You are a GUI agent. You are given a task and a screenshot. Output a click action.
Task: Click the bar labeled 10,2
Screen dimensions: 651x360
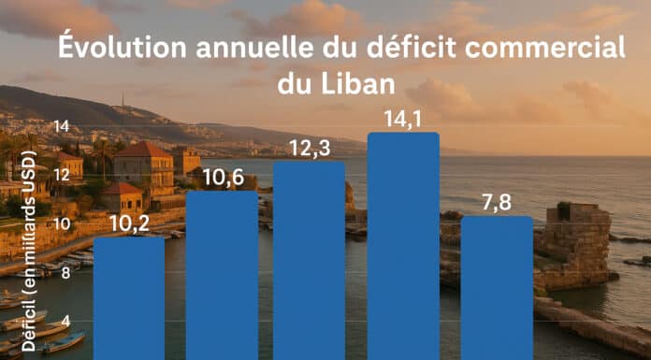click(x=129, y=297)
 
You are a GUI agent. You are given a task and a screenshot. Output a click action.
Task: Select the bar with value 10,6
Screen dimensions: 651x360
click(x=222, y=275)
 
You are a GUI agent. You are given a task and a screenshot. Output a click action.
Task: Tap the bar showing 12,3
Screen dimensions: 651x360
click(x=309, y=260)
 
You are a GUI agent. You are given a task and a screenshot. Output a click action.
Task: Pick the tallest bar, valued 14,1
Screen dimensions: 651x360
click(x=403, y=246)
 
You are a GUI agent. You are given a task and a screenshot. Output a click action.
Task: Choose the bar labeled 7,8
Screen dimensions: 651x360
click(x=497, y=288)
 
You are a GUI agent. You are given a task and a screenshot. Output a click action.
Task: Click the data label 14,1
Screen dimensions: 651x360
click(x=403, y=120)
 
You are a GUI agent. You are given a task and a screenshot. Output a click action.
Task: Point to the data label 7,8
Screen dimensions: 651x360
click(x=497, y=204)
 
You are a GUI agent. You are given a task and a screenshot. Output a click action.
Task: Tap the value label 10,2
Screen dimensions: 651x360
click(x=129, y=224)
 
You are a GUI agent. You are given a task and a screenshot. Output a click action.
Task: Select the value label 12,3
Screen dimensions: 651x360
click(x=310, y=149)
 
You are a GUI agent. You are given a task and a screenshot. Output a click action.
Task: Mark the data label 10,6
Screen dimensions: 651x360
click(x=224, y=179)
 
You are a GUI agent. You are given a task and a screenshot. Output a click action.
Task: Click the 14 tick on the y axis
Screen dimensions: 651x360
click(x=62, y=126)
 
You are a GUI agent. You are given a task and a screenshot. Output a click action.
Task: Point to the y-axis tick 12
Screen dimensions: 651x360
click(x=62, y=175)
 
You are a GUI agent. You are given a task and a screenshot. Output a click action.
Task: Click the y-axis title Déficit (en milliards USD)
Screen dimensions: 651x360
click(x=29, y=252)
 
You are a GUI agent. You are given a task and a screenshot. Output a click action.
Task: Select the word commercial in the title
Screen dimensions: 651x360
click(x=544, y=49)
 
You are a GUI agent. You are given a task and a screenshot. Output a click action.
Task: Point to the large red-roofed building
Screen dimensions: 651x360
click(x=144, y=167)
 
